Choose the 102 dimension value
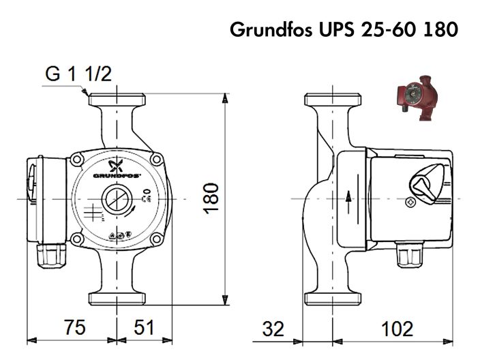[397, 329]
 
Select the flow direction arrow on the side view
[349, 197]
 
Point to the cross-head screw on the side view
[410, 202]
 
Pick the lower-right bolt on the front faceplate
[157, 240]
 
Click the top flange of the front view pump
[118, 97]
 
